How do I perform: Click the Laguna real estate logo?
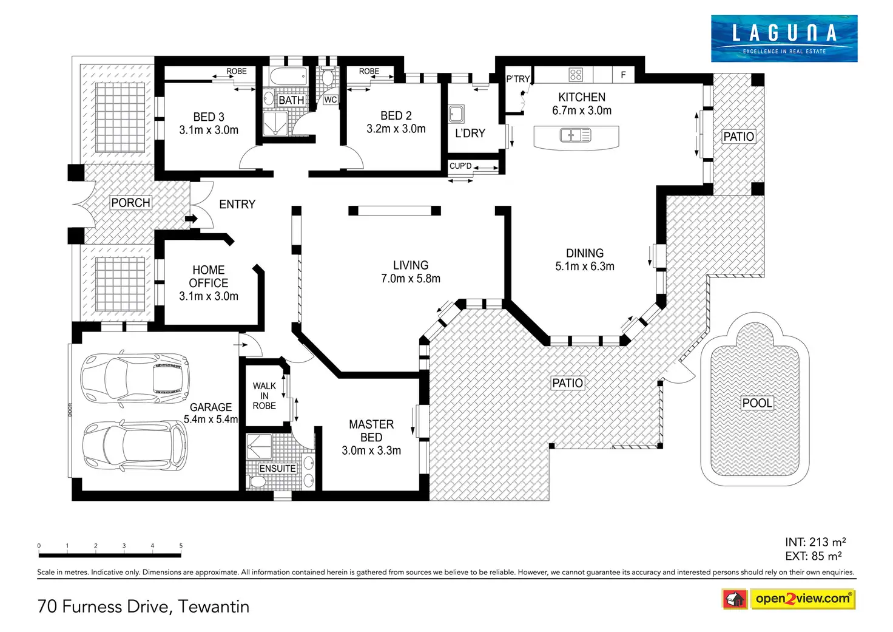[784, 38]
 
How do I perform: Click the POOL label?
[757, 403]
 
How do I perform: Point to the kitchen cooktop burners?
[576, 75]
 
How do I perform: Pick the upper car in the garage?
[135, 378]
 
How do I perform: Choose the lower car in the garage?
[135, 446]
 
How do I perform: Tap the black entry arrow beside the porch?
[191, 219]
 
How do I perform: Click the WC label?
[330, 100]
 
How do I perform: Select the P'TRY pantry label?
[517, 79]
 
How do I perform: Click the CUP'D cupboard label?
[460, 166]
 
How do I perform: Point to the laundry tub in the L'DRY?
[456, 114]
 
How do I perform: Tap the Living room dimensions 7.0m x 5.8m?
[411, 279]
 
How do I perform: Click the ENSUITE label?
[277, 469]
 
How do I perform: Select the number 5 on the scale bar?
[181, 546]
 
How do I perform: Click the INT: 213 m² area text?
[815, 542]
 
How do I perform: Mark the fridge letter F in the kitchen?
[623, 75]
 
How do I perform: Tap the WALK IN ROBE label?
[265, 396]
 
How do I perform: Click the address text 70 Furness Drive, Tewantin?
[144, 607]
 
